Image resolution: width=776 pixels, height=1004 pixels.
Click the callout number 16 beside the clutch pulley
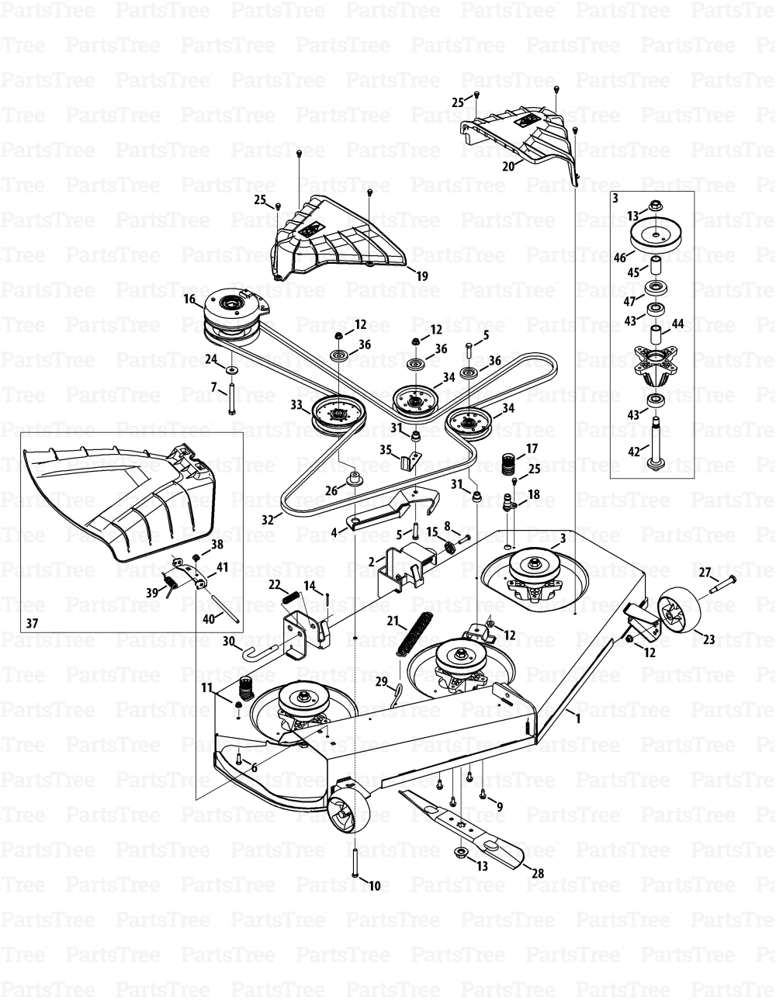point(189,299)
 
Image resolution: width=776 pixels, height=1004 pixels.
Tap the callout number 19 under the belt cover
point(421,276)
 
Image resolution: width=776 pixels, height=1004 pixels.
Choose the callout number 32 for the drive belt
point(268,519)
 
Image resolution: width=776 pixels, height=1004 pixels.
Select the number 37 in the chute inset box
point(32,623)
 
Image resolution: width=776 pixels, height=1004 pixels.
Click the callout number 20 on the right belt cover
point(508,166)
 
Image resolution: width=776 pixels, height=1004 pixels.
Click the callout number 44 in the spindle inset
point(677,323)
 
